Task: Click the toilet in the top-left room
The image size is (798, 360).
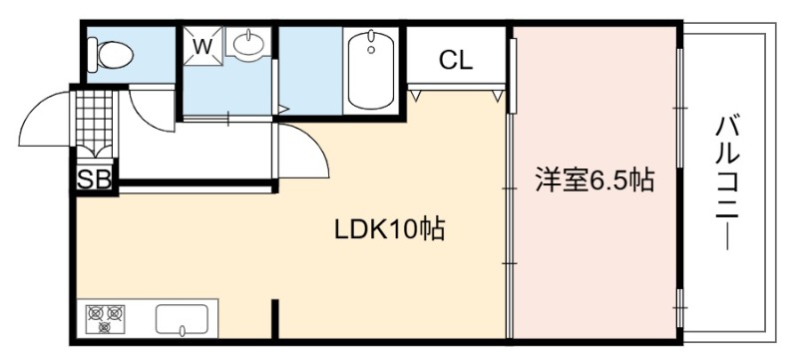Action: [111, 55]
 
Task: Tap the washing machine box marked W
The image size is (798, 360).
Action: [202, 46]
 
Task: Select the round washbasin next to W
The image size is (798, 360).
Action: [248, 43]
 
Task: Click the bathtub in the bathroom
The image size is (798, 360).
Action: [371, 70]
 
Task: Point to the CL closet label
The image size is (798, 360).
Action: [456, 61]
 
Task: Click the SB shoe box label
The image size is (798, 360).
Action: [95, 180]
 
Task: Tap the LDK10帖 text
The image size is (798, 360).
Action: [389, 229]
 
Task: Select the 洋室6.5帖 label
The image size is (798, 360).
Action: [594, 180]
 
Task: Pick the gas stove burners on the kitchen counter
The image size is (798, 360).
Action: [106, 319]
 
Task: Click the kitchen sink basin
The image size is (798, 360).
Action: [182, 320]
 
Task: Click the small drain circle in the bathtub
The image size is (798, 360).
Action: [371, 50]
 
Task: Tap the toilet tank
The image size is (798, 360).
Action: [92, 55]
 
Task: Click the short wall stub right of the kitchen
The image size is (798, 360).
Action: [275, 319]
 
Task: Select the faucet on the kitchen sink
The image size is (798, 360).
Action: [182, 331]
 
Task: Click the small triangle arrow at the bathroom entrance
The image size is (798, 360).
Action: [284, 109]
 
